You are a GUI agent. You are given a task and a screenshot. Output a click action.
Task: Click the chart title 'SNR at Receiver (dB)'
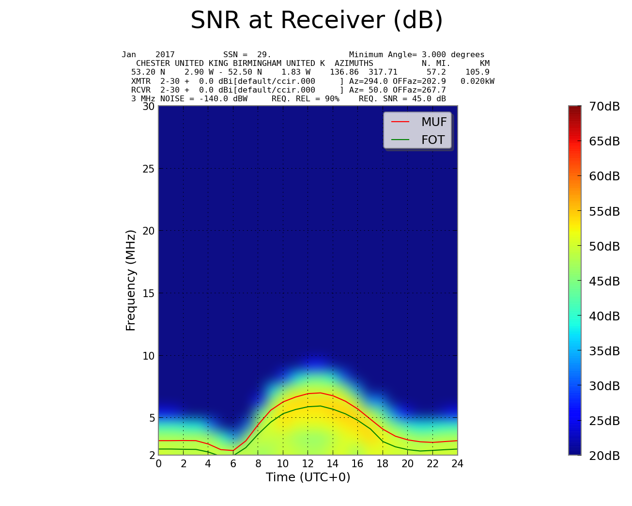(x=317, y=21)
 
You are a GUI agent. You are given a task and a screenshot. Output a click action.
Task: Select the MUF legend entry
(x=433, y=122)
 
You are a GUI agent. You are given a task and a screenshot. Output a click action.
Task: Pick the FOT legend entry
(x=432, y=140)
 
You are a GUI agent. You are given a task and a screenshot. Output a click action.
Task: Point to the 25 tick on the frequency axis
(x=148, y=169)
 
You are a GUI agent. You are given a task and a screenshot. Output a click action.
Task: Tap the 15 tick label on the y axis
(x=148, y=293)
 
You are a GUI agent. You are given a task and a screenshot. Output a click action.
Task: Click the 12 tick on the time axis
(x=308, y=464)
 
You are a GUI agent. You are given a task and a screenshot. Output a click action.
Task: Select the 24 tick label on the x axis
(x=457, y=464)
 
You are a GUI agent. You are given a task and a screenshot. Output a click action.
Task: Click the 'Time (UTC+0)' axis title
(x=308, y=477)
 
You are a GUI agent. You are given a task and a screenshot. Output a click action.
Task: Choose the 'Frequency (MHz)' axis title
(x=131, y=280)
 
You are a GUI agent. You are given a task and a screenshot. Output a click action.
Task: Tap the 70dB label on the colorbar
(x=604, y=107)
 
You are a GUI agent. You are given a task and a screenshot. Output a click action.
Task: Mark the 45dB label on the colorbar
(x=604, y=281)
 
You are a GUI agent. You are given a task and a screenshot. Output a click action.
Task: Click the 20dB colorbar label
(x=604, y=456)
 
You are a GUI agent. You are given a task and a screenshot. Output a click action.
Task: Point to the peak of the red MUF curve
(x=320, y=393)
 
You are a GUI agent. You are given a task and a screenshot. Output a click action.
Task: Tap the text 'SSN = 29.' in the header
(x=247, y=55)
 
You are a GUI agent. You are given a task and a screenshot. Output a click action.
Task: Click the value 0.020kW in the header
(x=478, y=81)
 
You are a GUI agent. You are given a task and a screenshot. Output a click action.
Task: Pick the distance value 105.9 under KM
(x=477, y=72)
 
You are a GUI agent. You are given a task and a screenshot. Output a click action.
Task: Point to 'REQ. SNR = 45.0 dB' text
(x=402, y=99)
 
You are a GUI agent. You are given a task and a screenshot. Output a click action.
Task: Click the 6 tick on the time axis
(x=233, y=464)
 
